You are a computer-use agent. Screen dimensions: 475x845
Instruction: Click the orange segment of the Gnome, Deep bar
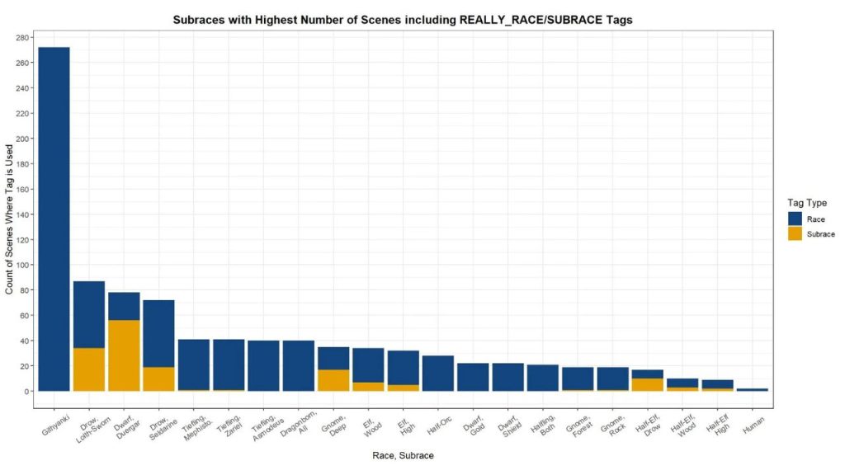pyautogui.click(x=333, y=380)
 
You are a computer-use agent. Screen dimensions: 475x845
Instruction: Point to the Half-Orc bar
pyautogui.click(x=438, y=374)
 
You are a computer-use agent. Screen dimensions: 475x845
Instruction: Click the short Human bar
pyautogui.click(x=753, y=389)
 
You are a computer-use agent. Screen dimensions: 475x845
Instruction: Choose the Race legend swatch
pyautogui.click(x=795, y=218)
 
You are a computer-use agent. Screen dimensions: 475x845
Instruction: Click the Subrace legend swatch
pyautogui.click(x=795, y=234)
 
